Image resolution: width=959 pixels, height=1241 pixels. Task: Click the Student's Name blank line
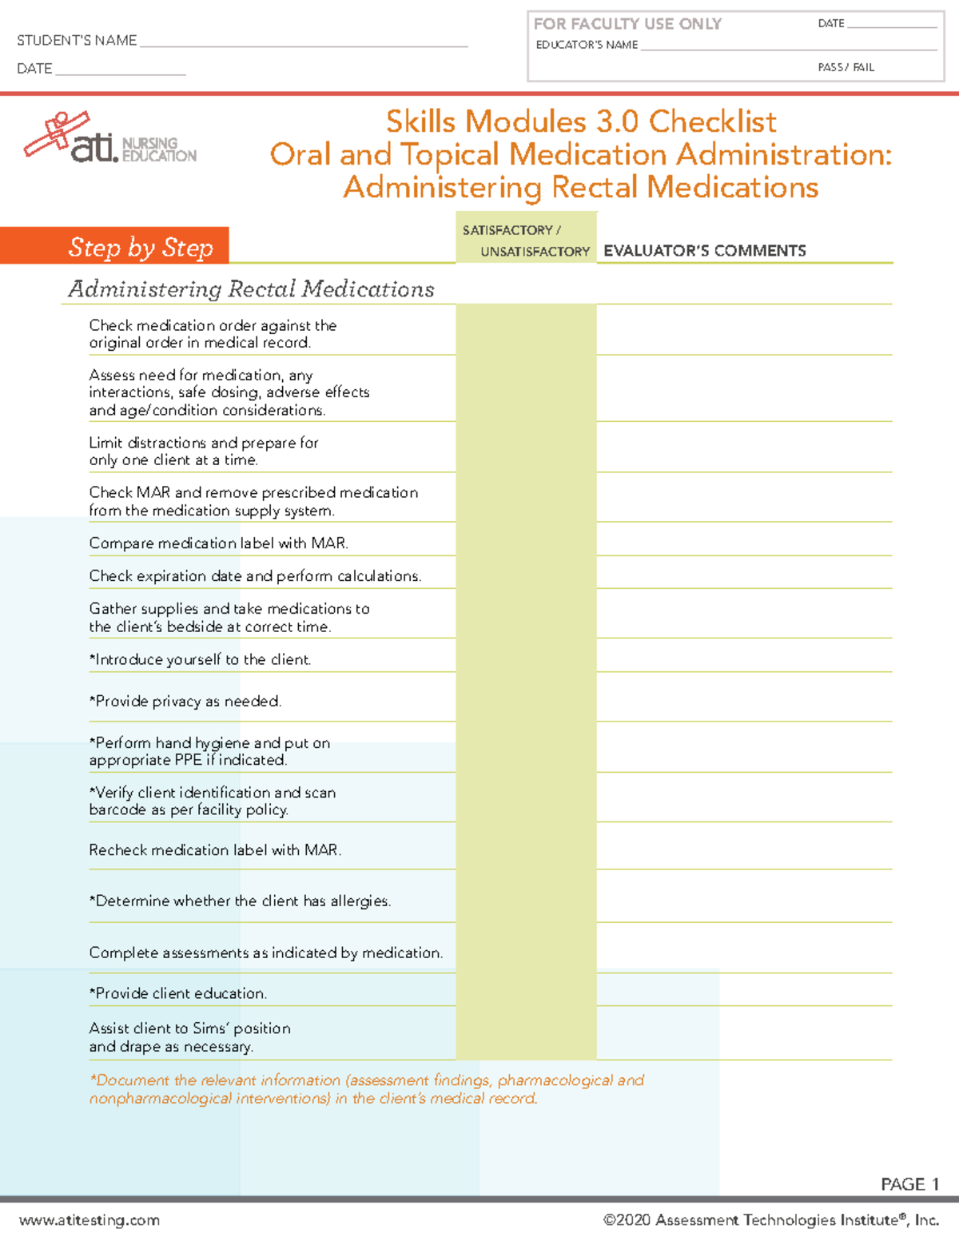(x=304, y=42)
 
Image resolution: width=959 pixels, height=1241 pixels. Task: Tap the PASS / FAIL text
(x=846, y=68)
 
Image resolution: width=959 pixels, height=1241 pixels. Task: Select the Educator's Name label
(x=587, y=46)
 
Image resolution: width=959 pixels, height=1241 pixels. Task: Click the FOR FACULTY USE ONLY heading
(x=627, y=24)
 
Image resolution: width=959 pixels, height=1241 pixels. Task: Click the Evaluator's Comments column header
(x=704, y=251)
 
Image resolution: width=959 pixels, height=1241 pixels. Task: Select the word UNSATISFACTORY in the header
(x=535, y=252)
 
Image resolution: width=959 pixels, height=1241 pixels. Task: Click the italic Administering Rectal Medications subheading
(x=251, y=288)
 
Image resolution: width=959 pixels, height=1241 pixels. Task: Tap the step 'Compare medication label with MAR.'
(x=218, y=543)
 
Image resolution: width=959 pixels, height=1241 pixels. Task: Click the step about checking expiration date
(x=255, y=576)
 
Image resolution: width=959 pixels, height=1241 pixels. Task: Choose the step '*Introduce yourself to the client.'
(x=200, y=660)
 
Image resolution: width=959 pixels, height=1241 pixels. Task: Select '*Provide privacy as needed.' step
(x=185, y=702)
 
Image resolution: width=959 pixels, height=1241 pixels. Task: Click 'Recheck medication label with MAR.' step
(x=215, y=850)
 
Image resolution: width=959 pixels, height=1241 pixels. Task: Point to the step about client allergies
(x=240, y=901)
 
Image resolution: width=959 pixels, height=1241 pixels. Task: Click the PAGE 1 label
(x=909, y=1184)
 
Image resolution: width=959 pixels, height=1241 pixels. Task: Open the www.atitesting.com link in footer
(x=90, y=1220)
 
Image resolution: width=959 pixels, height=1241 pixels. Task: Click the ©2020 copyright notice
(x=770, y=1220)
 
